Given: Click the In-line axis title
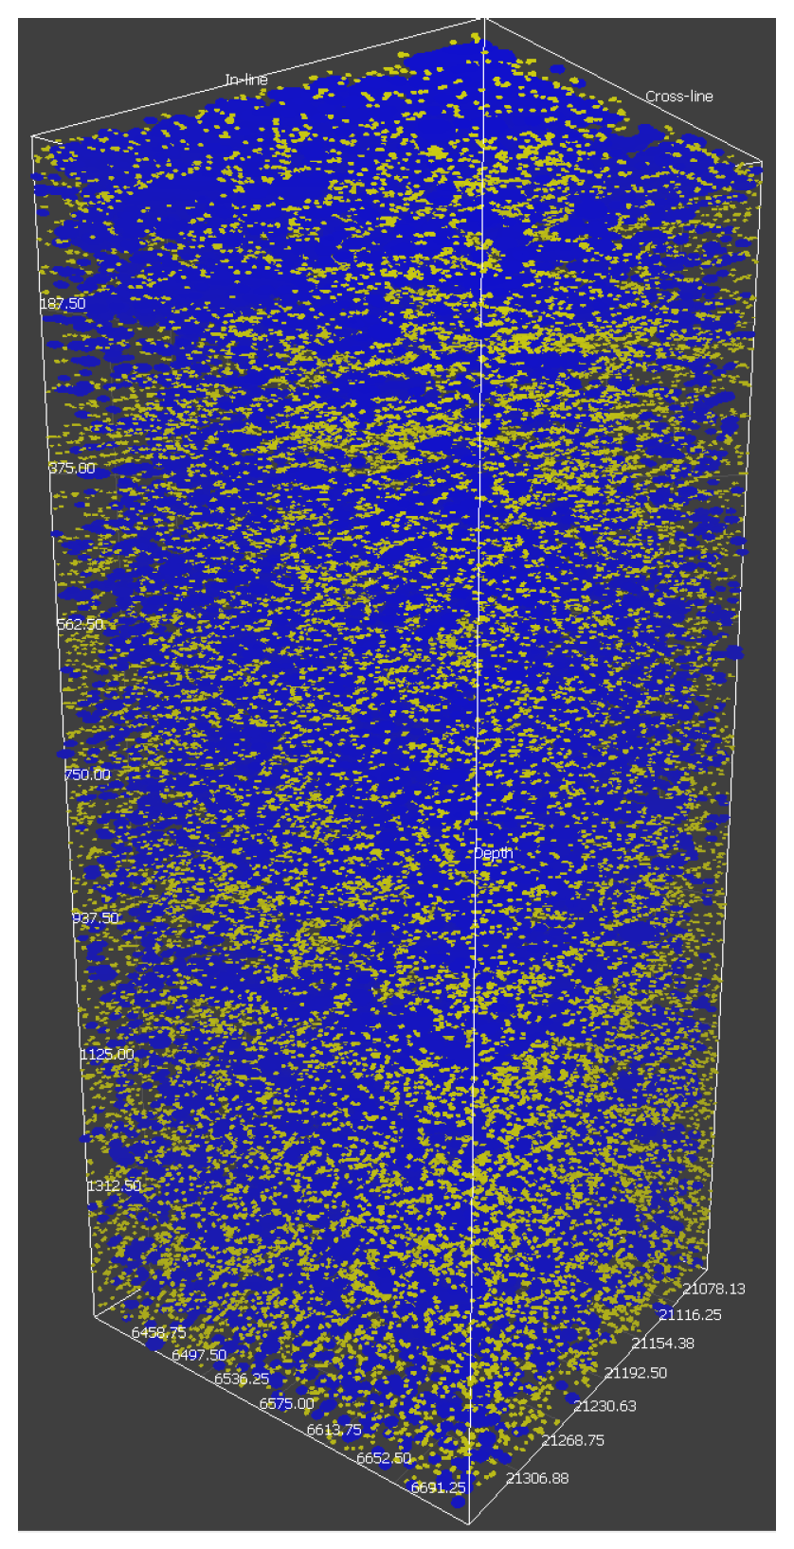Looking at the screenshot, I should (x=246, y=80).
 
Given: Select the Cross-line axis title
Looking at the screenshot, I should (x=678, y=96).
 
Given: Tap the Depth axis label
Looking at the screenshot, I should (x=493, y=853).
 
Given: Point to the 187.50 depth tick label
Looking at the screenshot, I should (x=63, y=303).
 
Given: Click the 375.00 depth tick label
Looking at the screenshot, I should (x=72, y=468).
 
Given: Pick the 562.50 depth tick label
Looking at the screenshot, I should (x=81, y=624).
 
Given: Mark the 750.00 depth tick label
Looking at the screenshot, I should (x=87, y=774).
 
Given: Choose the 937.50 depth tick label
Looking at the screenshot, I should (x=96, y=917).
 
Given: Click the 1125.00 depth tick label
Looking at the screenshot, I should (x=107, y=1054).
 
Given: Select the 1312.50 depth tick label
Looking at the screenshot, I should (x=114, y=1185).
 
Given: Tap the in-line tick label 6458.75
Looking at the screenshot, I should (x=158, y=1332).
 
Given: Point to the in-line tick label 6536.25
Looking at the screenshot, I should (x=242, y=1379).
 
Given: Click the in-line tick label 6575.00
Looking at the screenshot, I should (x=286, y=1403).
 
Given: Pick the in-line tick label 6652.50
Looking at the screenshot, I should (x=384, y=1458).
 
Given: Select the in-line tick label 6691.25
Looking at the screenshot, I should (x=438, y=1487).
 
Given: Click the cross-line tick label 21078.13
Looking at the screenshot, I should (x=713, y=1288).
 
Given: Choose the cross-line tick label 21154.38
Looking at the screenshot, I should (x=663, y=1343).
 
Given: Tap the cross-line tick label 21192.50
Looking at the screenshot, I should (x=636, y=1372).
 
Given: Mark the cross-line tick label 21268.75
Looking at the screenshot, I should (x=573, y=1440).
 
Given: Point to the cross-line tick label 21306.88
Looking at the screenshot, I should (x=537, y=1477).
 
